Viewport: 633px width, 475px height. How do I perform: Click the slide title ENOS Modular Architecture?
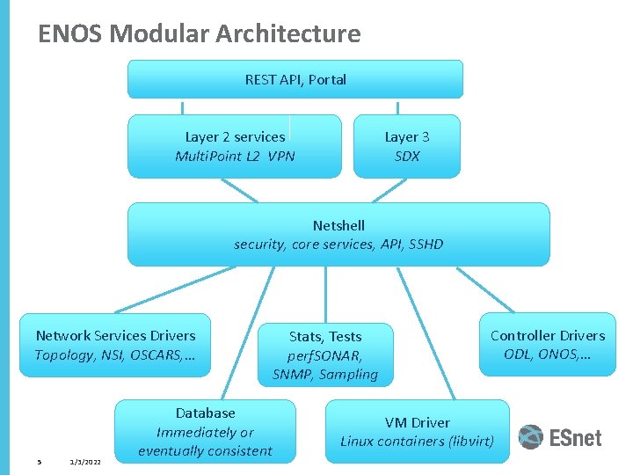point(200,34)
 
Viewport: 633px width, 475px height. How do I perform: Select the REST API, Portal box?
point(295,79)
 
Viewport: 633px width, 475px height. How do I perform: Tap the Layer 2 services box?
point(235,146)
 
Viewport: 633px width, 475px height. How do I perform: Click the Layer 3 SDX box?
point(406,146)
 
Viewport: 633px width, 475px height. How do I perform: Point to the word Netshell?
point(338,225)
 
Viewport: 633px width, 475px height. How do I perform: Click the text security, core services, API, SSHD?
point(338,245)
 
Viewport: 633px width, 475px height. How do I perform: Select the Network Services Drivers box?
point(115,345)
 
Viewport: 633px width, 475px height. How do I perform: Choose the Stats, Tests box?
point(325,354)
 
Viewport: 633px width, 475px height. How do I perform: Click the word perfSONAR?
point(325,355)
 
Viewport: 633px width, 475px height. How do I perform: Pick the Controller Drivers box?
point(547,345)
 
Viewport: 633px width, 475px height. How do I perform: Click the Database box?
point(205,431)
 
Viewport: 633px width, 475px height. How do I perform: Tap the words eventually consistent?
point(205,451)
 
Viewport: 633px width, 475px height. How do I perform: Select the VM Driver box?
point(417,431)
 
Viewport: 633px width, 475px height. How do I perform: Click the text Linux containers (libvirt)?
point(417,442)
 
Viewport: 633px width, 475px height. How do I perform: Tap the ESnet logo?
point(559,437)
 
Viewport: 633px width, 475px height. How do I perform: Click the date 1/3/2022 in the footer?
point(84,463)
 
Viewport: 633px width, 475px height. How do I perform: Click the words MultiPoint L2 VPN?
point(235,157)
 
